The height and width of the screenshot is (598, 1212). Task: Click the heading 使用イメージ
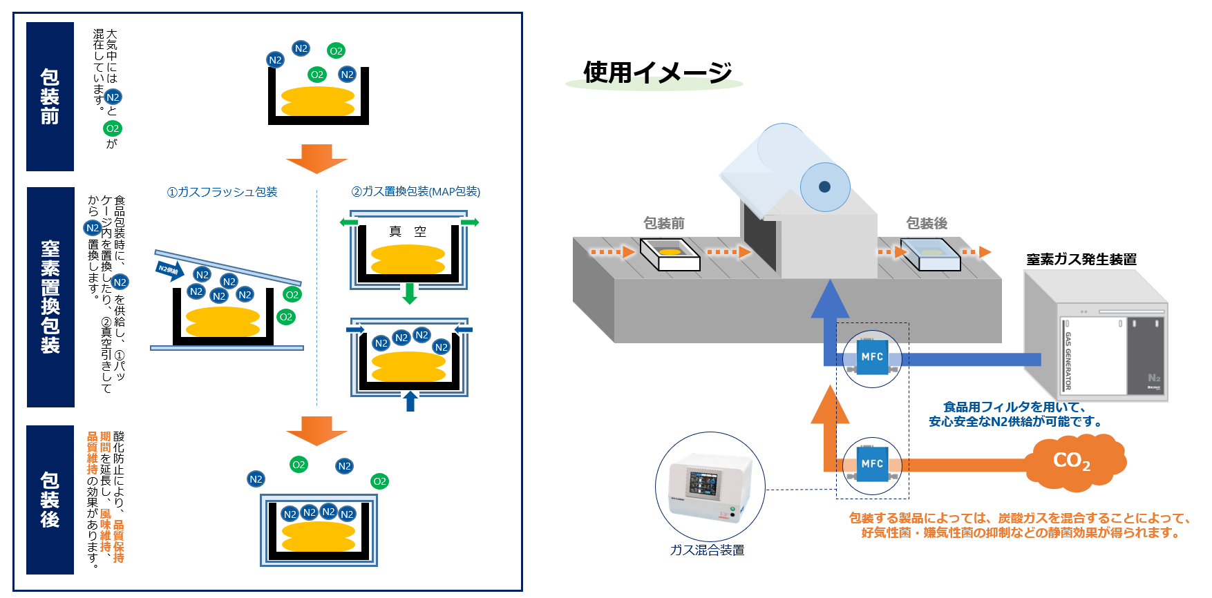coord(657,72)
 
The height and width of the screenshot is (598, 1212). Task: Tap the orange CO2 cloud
coord(1073,461)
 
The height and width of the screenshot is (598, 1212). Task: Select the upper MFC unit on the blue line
coord(872,357)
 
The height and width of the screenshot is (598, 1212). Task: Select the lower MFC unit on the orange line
coord(872,464)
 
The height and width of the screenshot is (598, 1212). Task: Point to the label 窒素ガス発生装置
coord(1081,260)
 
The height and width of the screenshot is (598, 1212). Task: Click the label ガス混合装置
coord(707,550)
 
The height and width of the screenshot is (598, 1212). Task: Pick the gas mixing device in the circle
coord(710,487)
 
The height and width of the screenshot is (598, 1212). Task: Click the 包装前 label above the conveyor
coord(664,223)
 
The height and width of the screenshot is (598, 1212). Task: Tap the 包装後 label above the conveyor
coord(927,223)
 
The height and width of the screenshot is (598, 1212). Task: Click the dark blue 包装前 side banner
coord(50,97)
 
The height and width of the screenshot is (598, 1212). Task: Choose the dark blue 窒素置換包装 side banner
coord(50,297)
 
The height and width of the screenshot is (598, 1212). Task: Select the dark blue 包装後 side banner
coord(50,500)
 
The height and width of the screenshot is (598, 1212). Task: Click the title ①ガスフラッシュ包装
coord(222,192)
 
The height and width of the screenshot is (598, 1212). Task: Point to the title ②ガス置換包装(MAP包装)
coord(415,192)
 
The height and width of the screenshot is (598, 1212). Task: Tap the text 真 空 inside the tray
coord(408,232)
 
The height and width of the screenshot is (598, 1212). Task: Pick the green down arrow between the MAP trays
coord(410,293)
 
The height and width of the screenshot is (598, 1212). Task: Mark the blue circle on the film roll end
coord(824,186)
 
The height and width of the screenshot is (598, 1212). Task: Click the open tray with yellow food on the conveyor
coord(670,253)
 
